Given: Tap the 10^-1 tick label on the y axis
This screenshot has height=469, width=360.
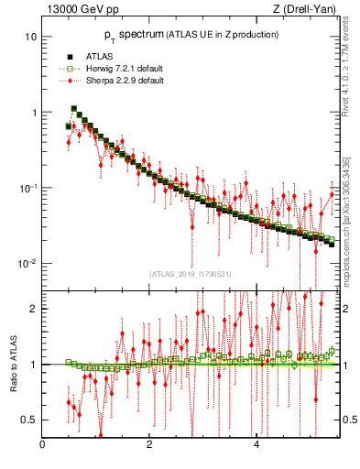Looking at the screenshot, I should [28, 188].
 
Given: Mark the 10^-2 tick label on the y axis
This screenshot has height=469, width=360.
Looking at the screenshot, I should [28, 264].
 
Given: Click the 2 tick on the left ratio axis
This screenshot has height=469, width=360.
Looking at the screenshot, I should [33, 308].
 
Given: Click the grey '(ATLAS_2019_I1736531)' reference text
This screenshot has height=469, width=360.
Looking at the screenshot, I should [191, 272].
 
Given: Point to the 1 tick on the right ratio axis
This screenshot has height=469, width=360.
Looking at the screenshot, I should [349, 365].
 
